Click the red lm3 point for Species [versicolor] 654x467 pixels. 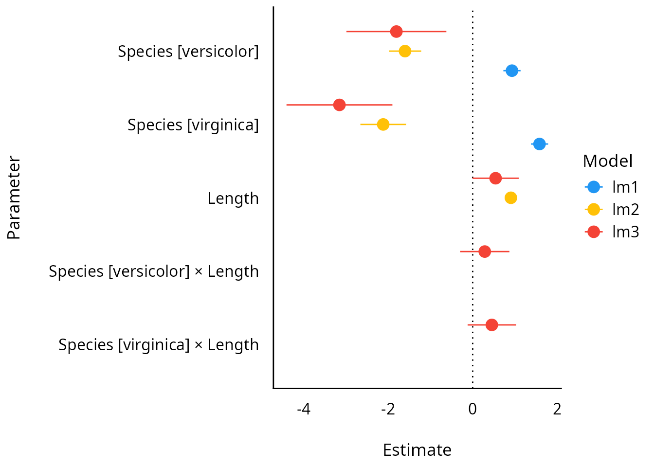(397, 32)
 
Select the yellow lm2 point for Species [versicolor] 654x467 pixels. (405, 51)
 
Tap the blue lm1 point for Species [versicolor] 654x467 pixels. (512, 71)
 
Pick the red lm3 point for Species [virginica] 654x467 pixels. (340, 105)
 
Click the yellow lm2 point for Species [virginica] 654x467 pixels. (383, 124)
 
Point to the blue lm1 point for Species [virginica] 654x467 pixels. (539, 144)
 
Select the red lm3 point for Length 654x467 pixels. (495, 178)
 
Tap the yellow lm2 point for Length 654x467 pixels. (511, 198)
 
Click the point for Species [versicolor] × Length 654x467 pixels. (485, 251)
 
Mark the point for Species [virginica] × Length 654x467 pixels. (492, 324)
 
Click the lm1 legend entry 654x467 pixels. (612, 187)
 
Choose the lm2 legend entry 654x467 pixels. (612, 209)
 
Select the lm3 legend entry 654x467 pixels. (612, 232)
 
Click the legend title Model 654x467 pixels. (608, 161)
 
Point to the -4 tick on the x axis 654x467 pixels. (304, 409)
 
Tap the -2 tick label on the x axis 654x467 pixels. (388, 409)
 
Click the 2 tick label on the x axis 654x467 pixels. (557, 409)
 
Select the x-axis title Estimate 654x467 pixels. (417, 450)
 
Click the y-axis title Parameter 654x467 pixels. (14, 198)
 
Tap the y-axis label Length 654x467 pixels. (233, 198)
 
